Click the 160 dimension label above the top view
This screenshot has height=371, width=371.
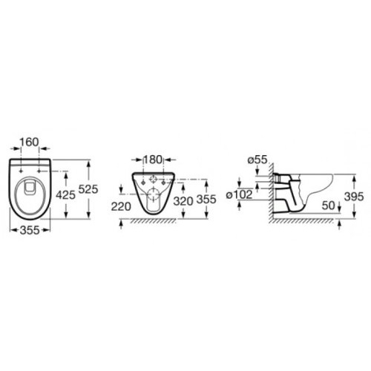pyautogui.click(x=29, y=142)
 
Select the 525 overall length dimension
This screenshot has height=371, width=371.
pyautogui.click(x=88, y=189)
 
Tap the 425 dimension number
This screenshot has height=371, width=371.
pyautogui.click(x=65, y=195)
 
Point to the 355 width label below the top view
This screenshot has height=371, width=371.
pyautogui.click(x=30, y=231)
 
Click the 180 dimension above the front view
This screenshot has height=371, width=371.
pyautogui.click(x=152, y=160)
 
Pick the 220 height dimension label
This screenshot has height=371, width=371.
pyautogui.click(x=121, y=206)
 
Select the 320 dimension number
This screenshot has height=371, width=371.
pyautogui.click(x=183, y=201)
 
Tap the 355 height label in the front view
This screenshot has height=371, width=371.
pyautogui.click(x=206, y=200)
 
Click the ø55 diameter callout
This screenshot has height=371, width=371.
pyautogui.click(x=257, y=160)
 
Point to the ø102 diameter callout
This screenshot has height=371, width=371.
pyautogui.click(x=240, y=194)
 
